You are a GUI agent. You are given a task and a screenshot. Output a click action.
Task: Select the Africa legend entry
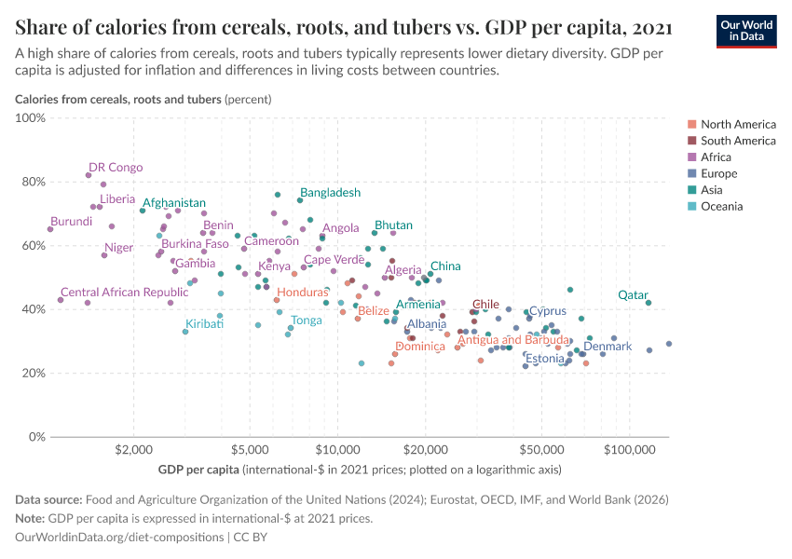[x=717, y=157]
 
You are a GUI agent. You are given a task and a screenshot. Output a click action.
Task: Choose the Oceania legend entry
[x=721, y=206]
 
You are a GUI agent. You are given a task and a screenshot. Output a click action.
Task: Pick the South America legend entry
[x=737, y=141]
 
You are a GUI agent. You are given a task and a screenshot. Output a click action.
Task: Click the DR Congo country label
[x=116, y=168]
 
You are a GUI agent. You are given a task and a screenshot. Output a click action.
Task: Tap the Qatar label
[x=634, y=295]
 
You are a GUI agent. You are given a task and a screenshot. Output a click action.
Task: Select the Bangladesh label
[x=330, y=193]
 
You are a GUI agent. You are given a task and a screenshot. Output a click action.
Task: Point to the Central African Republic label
[x=117, y=293]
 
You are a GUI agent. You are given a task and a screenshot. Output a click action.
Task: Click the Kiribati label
[x=204, y=324]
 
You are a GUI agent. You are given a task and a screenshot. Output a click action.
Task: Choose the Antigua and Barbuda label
[x=514, y=340]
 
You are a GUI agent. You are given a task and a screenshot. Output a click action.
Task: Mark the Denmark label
[x=608, y=347]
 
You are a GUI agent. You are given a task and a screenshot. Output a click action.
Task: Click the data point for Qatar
[x=649, y=302]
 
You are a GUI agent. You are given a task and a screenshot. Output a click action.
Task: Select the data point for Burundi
[x=50, y=229]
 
